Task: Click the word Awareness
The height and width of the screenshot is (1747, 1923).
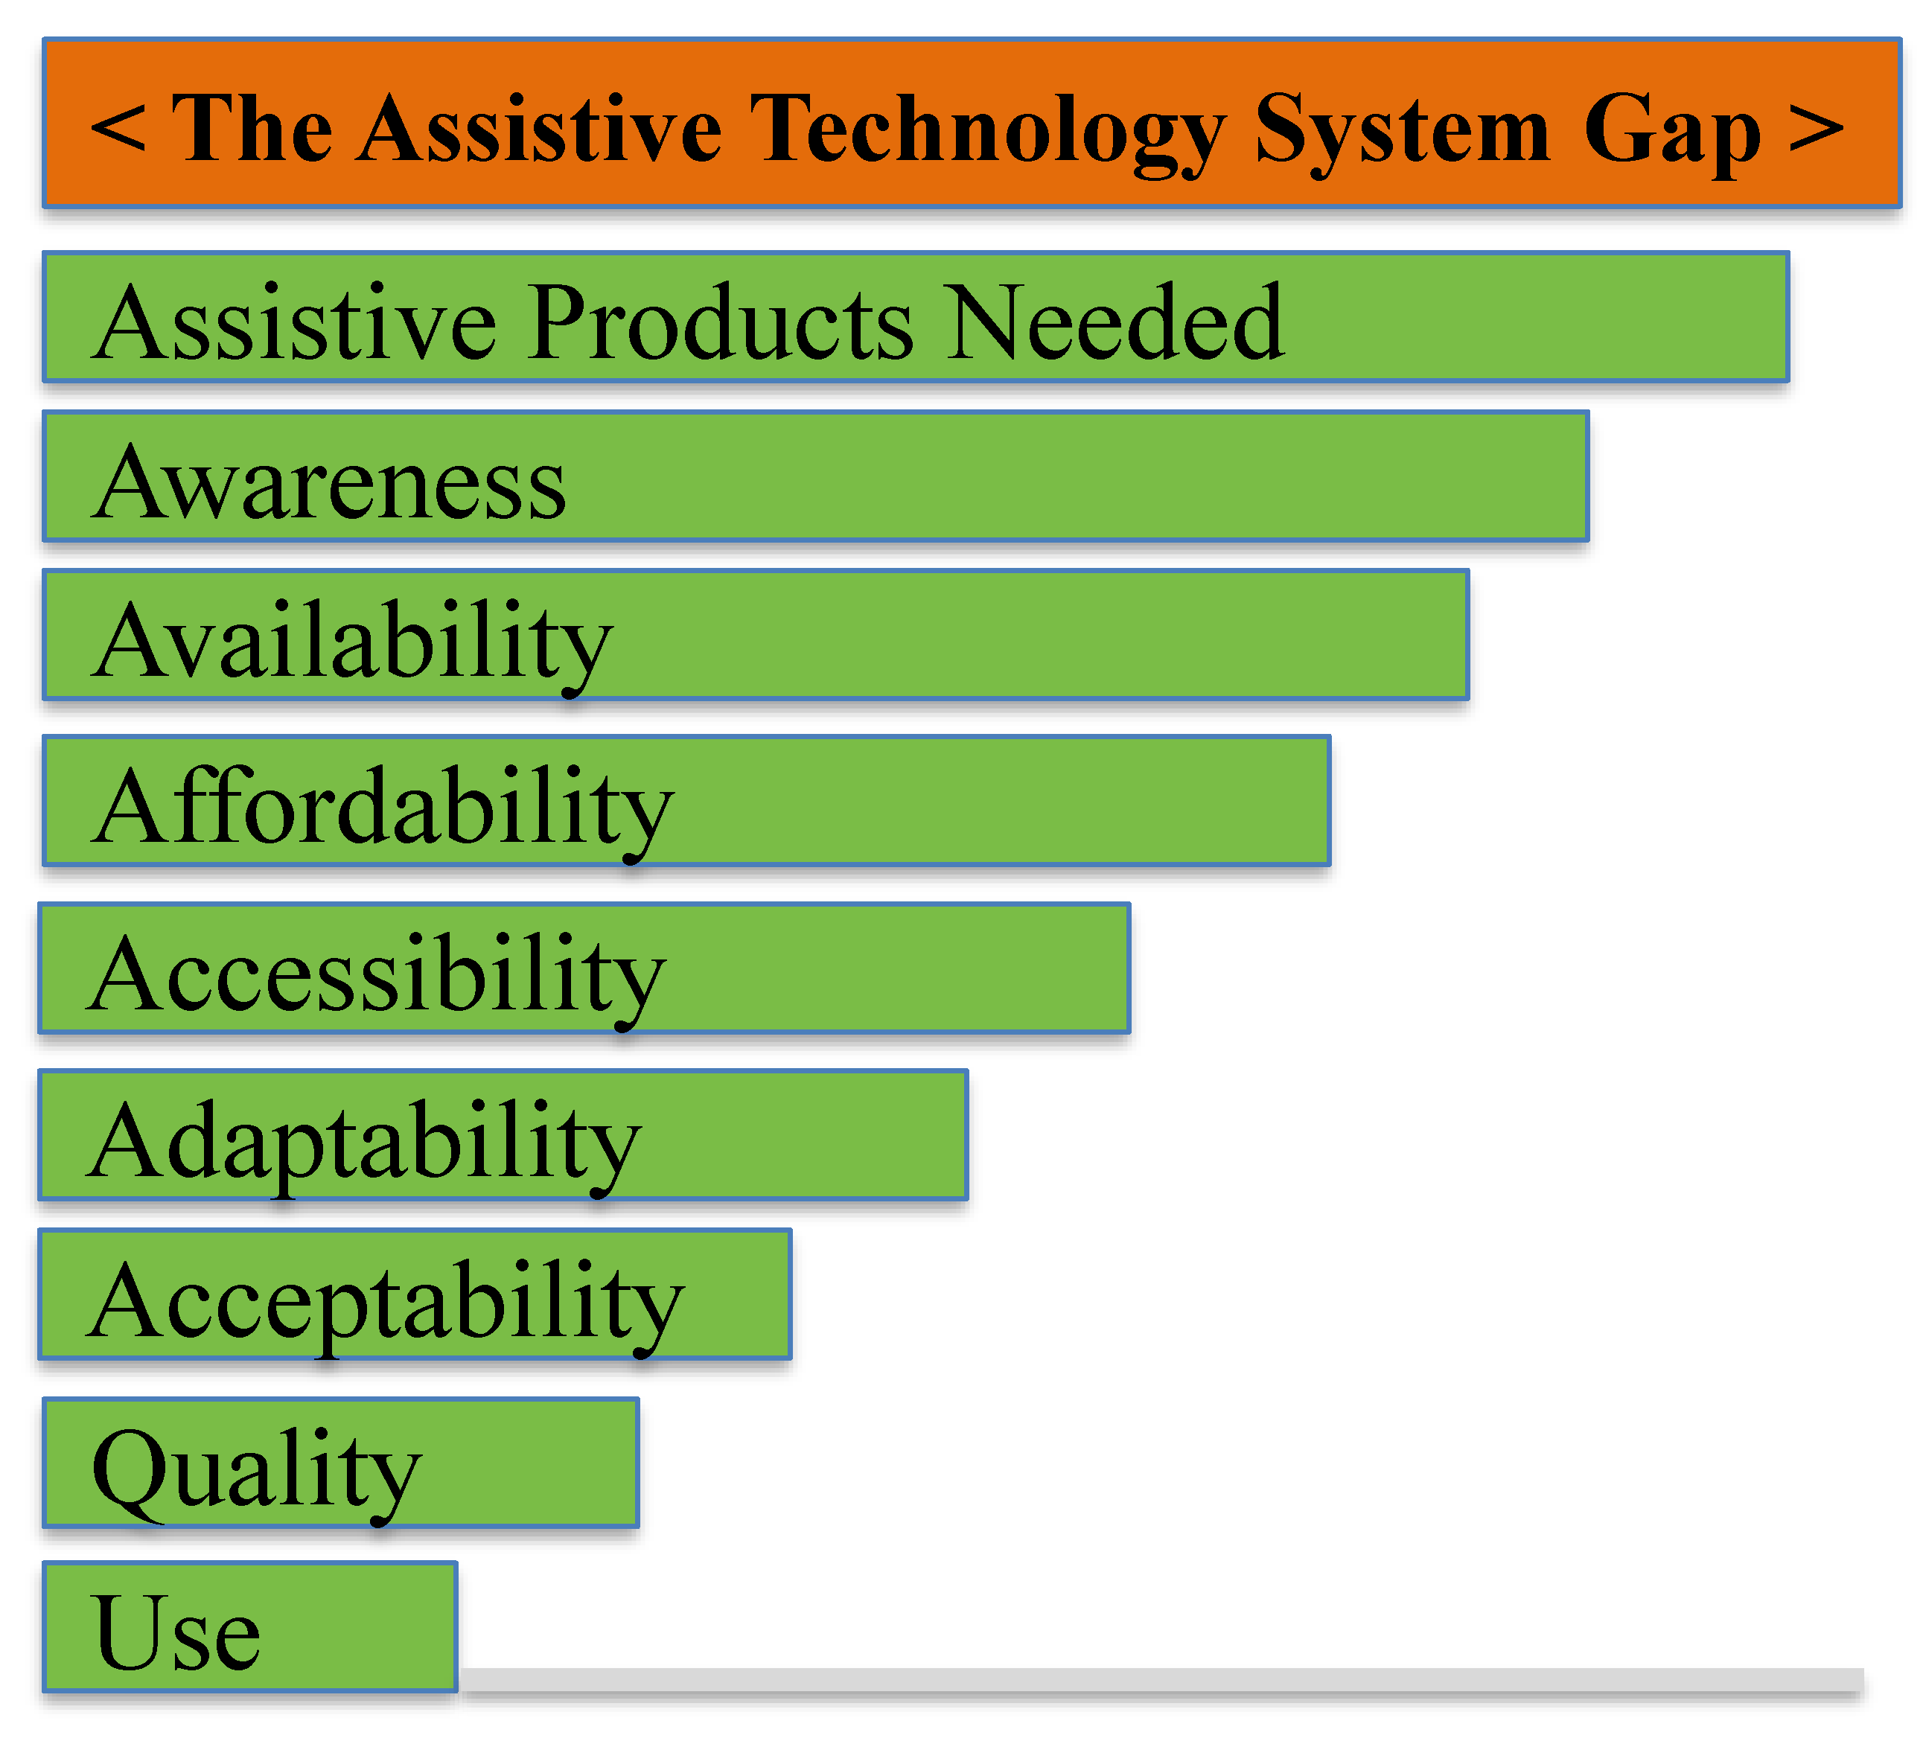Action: [329, 485]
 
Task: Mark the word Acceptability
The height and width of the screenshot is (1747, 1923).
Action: [386, 1307]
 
